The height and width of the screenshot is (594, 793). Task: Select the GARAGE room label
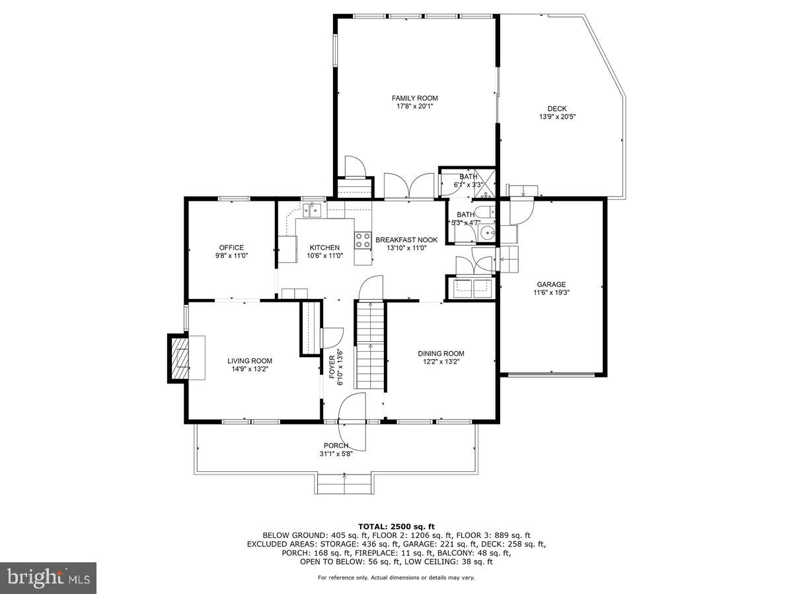[x=550, y=284]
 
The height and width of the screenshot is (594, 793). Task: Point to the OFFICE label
[x=231, y=247]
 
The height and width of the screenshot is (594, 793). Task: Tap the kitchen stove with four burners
[x=363, y=240]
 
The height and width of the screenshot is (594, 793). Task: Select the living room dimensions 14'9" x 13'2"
[x=250, y=369]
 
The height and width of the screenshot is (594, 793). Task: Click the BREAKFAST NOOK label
[x=406, y=240]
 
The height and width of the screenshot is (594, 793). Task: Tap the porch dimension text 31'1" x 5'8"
[x=336, y=453]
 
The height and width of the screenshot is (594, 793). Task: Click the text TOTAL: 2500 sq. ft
[x=397, y=526]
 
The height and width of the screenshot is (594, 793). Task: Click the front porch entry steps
[x=344, y=484]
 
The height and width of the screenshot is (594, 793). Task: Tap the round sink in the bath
[x=488, y=232]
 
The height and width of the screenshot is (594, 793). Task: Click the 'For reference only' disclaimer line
[x=397, y=577]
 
